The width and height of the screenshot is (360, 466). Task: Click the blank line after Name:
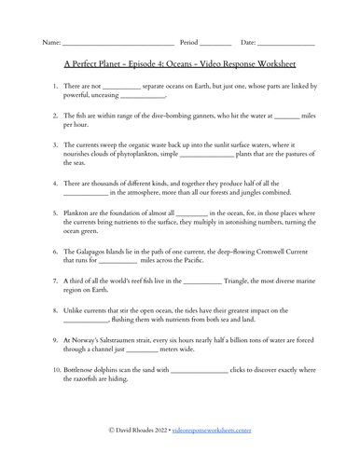118,45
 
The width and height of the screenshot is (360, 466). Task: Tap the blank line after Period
215,45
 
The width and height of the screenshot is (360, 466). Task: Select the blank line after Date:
286,45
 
